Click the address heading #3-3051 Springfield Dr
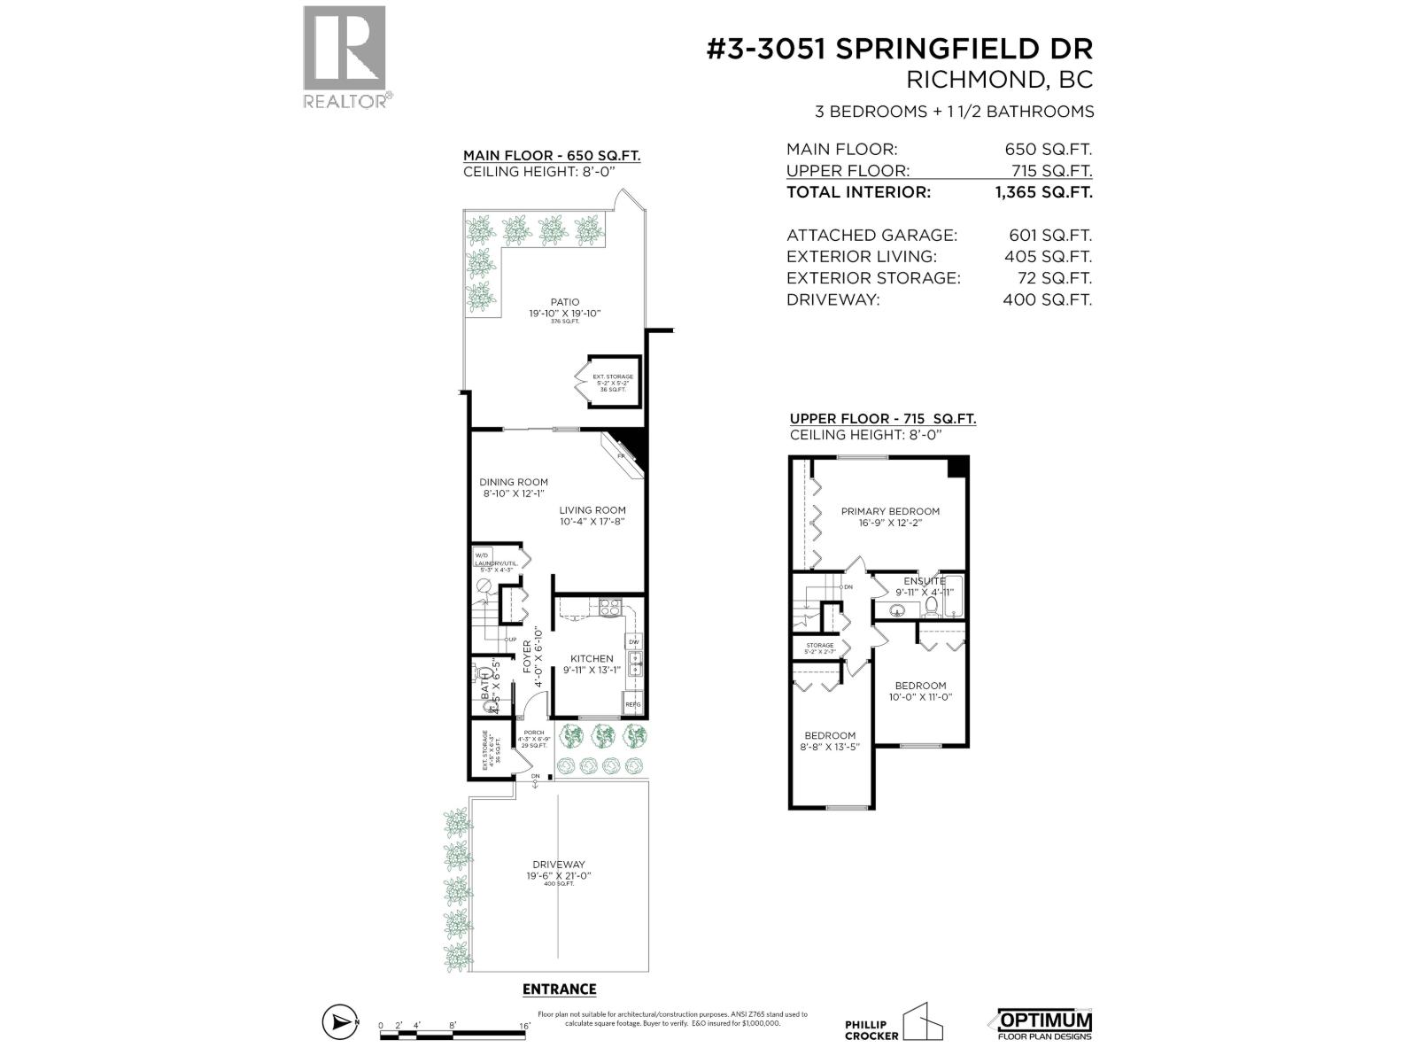(900, 49)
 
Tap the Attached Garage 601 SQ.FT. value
(1049, 236)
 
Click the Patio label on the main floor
(564, 302)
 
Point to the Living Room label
(592, 510)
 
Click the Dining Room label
(515, 483)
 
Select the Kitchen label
(591, 659)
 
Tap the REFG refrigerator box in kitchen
(632, 705)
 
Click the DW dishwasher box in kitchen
(633, 642)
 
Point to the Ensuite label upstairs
(925, 581)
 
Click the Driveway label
(558, 865)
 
